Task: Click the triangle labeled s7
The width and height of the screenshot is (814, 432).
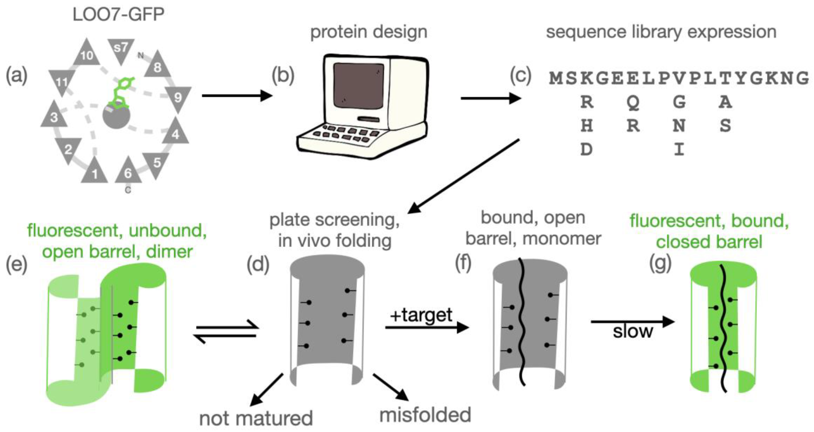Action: (x=121, y=49)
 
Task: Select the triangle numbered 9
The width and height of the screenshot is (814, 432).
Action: (x=178, y=97)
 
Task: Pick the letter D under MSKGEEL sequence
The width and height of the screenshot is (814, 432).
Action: (x=586, y=149)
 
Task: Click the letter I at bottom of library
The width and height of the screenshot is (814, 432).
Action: (x=679, y=149)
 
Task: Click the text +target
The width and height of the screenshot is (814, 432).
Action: (x=421, y=315)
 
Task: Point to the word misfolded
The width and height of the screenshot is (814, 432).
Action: (x=425, y=415)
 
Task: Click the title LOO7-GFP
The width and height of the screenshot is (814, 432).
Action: (x=119, y=14)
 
